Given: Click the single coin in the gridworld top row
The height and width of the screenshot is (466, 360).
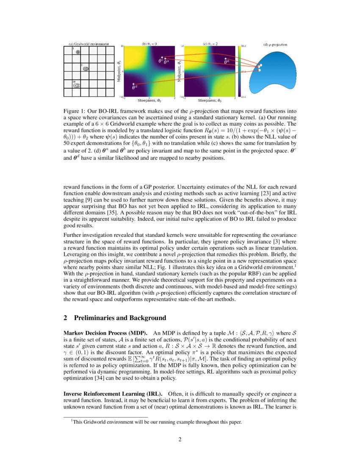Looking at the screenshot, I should point(78,52).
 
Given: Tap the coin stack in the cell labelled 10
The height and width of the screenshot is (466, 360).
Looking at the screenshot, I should point(77,85).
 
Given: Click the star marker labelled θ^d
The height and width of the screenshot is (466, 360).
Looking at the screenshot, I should point(133,84).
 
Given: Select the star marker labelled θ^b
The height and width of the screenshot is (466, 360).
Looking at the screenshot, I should point(226,59).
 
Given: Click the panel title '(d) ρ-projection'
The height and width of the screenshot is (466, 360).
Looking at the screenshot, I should point(275,44).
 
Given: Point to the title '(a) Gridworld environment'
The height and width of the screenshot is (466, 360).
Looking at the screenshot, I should point(89,44).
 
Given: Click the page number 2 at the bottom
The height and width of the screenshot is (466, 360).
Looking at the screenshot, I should point(180,439).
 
